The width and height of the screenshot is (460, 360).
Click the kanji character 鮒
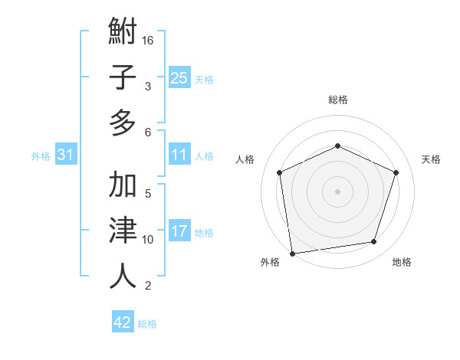(x=123, y=32)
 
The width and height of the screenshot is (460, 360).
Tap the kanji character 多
(x=123, y=123)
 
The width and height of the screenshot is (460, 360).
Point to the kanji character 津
(x=123, y=231)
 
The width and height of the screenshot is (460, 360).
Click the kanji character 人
(x=123, y=276)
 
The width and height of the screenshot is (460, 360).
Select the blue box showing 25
(x=179, y=77)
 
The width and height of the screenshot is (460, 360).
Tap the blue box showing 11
(x=179, y=155)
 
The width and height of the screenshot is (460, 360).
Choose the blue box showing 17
(x=179, y=231)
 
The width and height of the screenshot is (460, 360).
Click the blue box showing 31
(x=66, y=155)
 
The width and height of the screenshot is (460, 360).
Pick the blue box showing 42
(x=123, y=322)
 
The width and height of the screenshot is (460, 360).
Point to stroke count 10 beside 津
(x=149, y=240)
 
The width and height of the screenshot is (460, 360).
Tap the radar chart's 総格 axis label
(x=337, y=100)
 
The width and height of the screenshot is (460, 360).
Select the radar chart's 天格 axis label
(x=431, y=159)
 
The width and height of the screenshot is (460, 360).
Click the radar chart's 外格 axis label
(x=270, y=262)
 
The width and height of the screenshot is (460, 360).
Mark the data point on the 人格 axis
(x=280, y=172)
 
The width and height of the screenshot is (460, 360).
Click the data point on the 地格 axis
(x=373, y=242)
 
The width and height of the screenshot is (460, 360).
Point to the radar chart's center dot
(x=337, y=191)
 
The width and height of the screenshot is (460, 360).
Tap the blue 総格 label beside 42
(x=147, y=324)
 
